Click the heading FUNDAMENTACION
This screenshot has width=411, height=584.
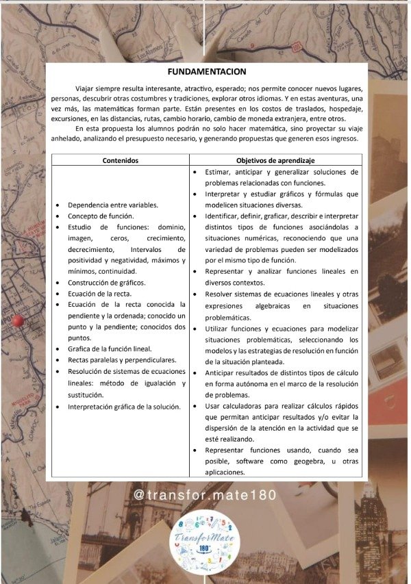tap(206, 71)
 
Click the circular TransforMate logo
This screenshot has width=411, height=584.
tap(206, 543)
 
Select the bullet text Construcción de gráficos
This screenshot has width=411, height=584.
tap(106, 282)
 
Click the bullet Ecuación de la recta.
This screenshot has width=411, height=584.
tap(100, 293)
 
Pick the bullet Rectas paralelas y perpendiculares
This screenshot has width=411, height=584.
tap(122, 359)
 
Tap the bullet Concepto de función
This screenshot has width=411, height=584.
tap(101, 216)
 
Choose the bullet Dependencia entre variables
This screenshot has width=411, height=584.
tap(113, 205)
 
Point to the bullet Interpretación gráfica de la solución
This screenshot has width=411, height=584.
tap(123, 406)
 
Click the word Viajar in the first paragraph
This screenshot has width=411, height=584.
tap(86, 89)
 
